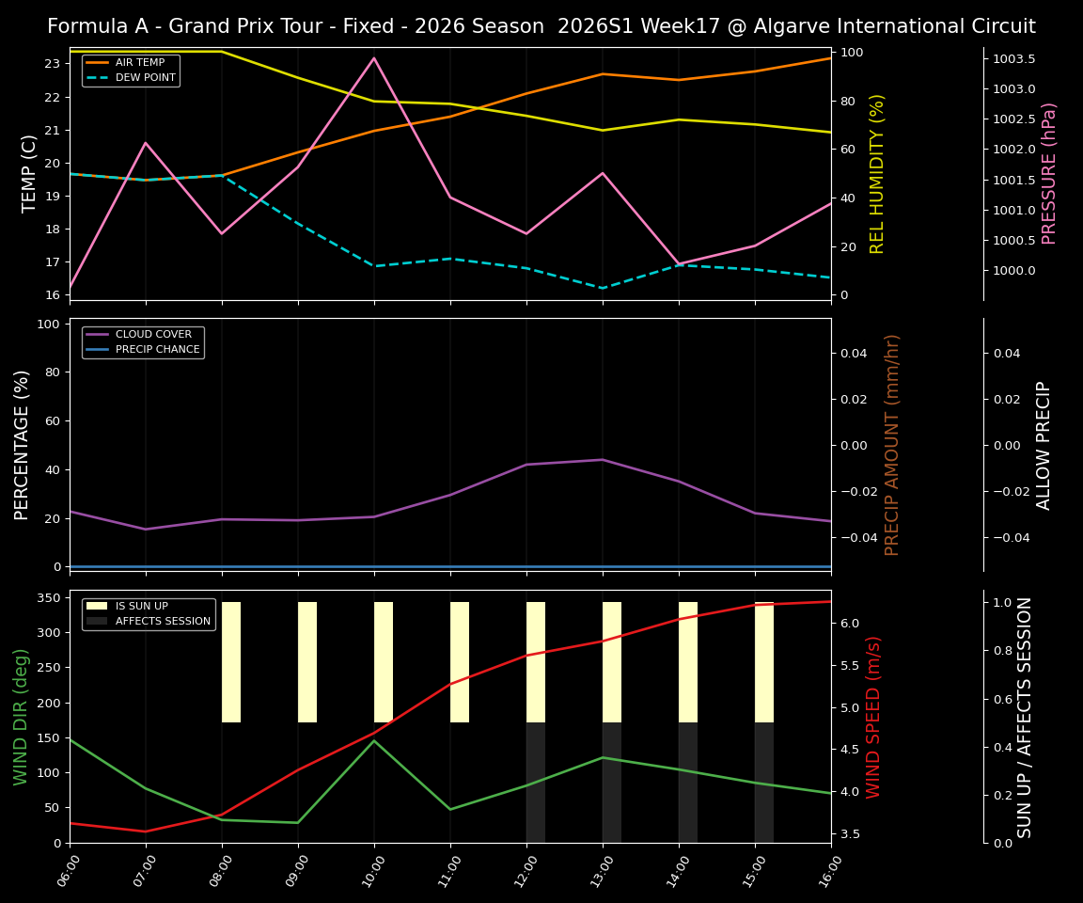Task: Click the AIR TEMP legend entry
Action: pos(139,63)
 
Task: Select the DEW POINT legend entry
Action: pos(145,78)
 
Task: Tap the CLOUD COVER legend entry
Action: pos(153,335)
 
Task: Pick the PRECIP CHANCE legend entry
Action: pos(157,350)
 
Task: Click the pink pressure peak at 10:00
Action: pos(374,58)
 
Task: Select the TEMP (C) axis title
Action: pos(30,173)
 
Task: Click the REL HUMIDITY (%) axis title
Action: pos(877,173)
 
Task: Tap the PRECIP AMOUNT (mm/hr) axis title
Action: pos(892,445)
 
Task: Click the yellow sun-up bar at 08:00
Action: pos(231,662)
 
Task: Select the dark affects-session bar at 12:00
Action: pos(536,783)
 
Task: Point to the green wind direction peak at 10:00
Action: pos(374,740)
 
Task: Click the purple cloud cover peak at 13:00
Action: pos(603,460)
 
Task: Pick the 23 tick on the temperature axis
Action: pos(53,64)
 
